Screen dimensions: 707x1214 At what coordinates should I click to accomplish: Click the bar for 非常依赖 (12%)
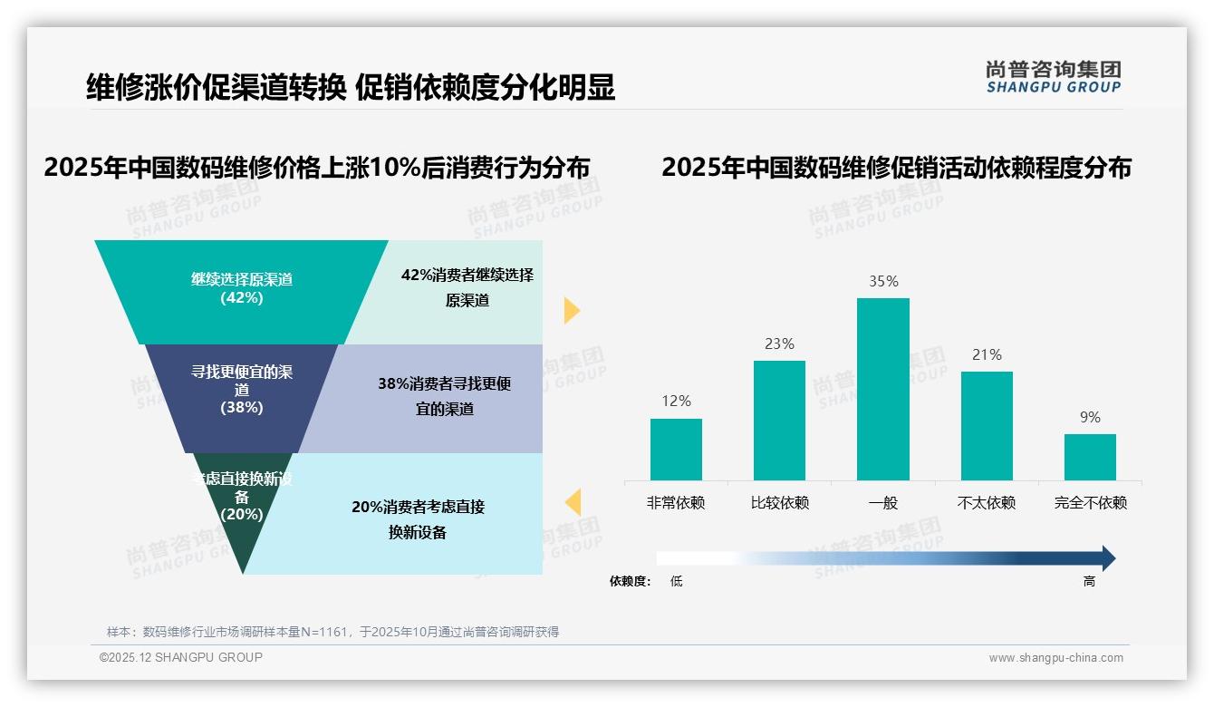click(676, 449)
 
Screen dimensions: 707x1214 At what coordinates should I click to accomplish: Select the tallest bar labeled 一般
click(882, 389)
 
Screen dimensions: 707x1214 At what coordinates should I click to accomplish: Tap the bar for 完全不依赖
click(1090, 457)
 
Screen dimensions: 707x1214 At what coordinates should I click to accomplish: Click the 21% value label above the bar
click(987, 355)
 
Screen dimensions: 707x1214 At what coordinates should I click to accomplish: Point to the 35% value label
click(883, 282)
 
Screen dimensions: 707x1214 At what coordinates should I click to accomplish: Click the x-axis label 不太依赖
click(987, 503)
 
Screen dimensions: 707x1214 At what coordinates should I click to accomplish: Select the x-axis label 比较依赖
click(779, 503)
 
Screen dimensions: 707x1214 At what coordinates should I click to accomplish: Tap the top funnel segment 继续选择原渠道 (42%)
click(241, 290)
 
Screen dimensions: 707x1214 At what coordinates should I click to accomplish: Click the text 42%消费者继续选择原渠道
click(467, 287)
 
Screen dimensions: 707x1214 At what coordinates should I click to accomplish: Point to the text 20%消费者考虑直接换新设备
click(418, 519)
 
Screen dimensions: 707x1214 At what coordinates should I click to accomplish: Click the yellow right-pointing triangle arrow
click(572, 310)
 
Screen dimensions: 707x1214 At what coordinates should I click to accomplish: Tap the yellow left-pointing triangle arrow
click(572, 502)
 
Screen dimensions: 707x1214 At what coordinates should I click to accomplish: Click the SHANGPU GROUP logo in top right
click(1053, 77)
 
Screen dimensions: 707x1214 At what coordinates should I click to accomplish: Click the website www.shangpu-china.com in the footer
click(1055, 658)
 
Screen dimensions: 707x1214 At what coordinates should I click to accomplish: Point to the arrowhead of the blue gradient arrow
click(1107, 558)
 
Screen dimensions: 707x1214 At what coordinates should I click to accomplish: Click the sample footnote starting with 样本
click(332, 632)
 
